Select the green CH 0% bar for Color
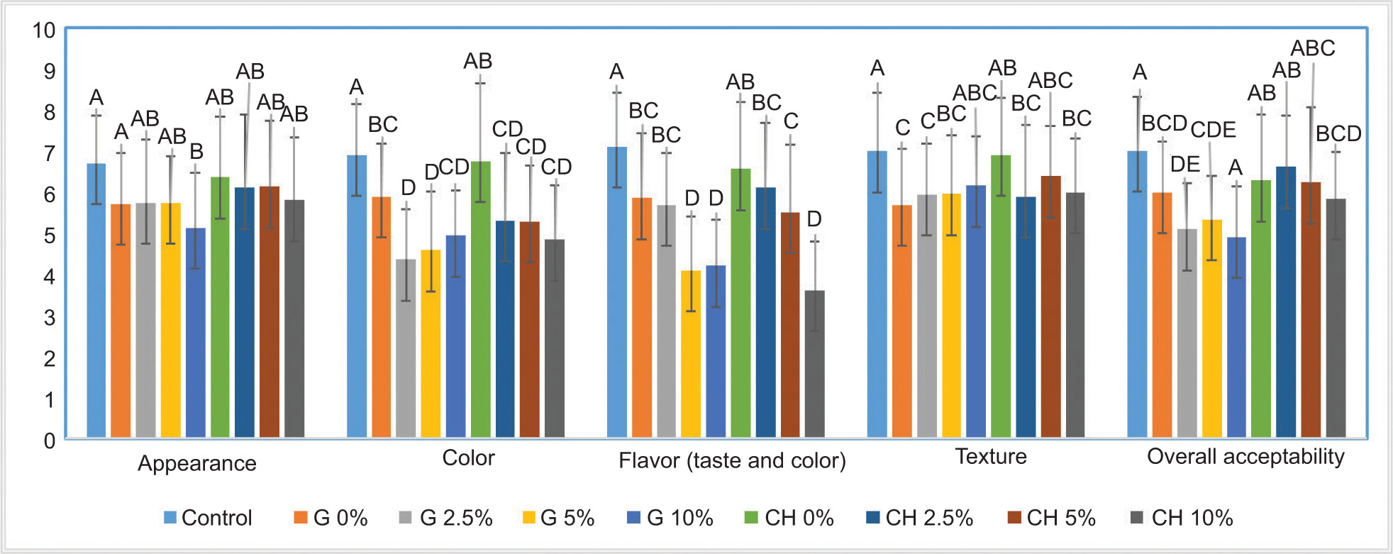point(480,299)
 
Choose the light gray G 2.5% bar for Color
point(406,348)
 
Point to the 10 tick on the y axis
point(44,31)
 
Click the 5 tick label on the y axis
point(49,236)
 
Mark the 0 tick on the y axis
point(49,441)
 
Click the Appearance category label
point(197,463)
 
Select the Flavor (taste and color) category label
point(732,461)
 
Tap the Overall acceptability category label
point(1245,457)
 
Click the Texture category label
point(991,457)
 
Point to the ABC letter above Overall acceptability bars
point(1313,48)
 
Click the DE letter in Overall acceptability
point(1185,165)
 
